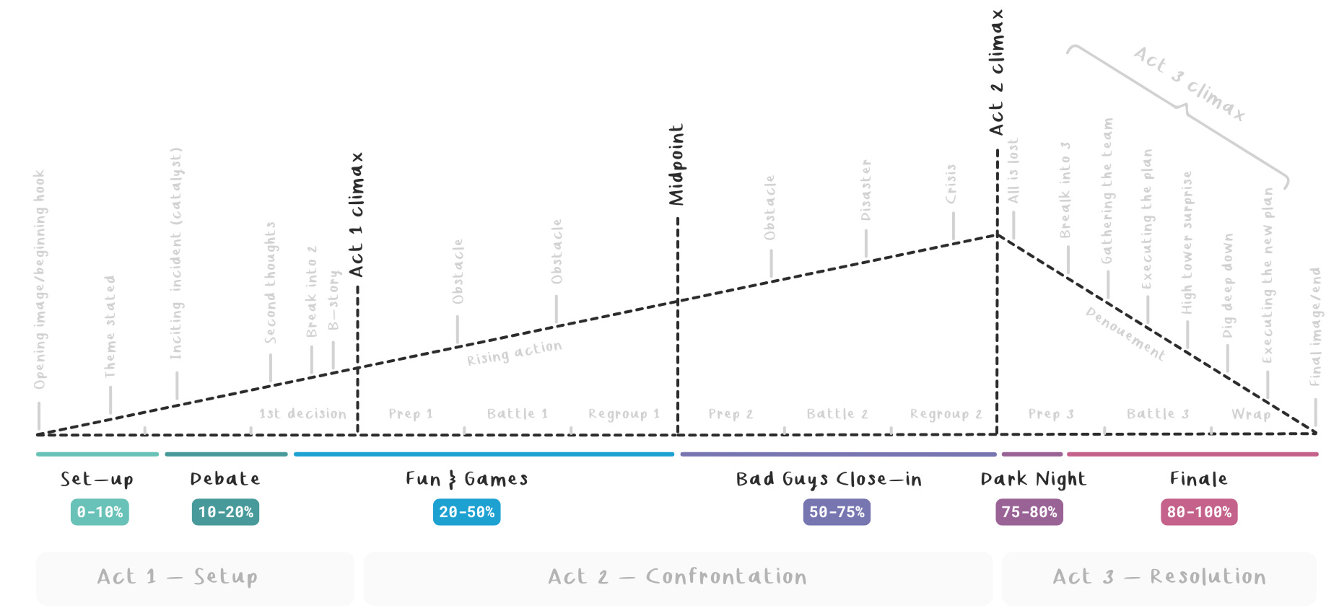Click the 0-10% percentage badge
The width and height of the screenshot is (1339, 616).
(100, 512)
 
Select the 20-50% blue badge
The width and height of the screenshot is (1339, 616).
(466, 512)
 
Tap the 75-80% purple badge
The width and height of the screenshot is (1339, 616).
(1029, 512)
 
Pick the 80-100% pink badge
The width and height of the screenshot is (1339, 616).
(1199, 512)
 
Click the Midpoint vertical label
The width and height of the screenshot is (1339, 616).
(676, 164)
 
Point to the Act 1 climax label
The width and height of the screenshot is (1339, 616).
(357, 215)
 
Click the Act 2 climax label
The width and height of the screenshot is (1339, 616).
(997, 72)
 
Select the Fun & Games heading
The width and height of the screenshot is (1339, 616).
(466, 479)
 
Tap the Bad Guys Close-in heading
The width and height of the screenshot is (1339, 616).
(829, 479)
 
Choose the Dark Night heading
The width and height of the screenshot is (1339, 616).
(1033, 479)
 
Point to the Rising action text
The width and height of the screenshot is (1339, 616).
(514, 353)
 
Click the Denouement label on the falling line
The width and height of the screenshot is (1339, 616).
(1125, 333)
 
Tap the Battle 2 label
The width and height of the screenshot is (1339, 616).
(837, 414)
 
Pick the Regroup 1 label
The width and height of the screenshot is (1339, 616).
(624, 414)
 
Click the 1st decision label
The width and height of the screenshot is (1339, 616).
(302, 414)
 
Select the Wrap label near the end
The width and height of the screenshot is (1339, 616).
(1251, 414)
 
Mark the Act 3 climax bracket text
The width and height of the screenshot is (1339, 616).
(1189, 84)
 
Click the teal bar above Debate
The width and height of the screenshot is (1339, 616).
(226, 454)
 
